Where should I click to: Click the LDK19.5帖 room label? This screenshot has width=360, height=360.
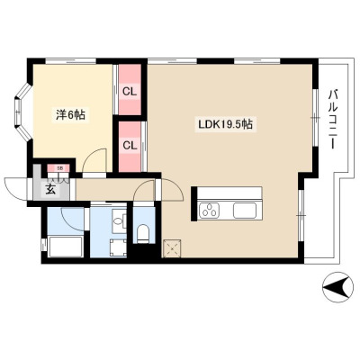pyautogui.click(x=224, y=124)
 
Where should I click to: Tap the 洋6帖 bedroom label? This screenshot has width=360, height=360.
pyautogui.click(x=70, y=115)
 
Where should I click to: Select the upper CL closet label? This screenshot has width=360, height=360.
pyautogui.click(x=130, y=92)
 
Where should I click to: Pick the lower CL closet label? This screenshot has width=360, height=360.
pyautogui.click(x=130, y=146)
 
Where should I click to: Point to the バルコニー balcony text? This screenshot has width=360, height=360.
pyautogui.click(x=332, y=119)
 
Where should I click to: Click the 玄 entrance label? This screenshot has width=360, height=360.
pyautogui.click(x=50, y=190)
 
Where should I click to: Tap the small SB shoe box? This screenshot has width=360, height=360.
pyautogui.click(x=59, y=168)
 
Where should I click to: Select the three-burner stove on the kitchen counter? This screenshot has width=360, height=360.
pyautogui.click(x=211, y=210)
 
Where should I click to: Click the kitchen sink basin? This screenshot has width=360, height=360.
pyautogui.click(x=245, y=210)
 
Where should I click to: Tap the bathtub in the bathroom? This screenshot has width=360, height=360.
pyautogui.click(x=65, y=247)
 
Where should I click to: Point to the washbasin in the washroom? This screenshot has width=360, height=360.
pyautogui.click(x=120, y=221)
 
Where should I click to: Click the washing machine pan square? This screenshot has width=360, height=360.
pyautogui.click(x=118, y=247)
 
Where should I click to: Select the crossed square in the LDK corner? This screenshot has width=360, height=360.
pyautogui.click(x=172, y=248)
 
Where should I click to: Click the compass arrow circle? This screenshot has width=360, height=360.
pyautogui.click(x=337, y=287)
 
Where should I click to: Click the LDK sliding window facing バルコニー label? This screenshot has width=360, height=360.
pyautogui.click(x=315, y=118)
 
